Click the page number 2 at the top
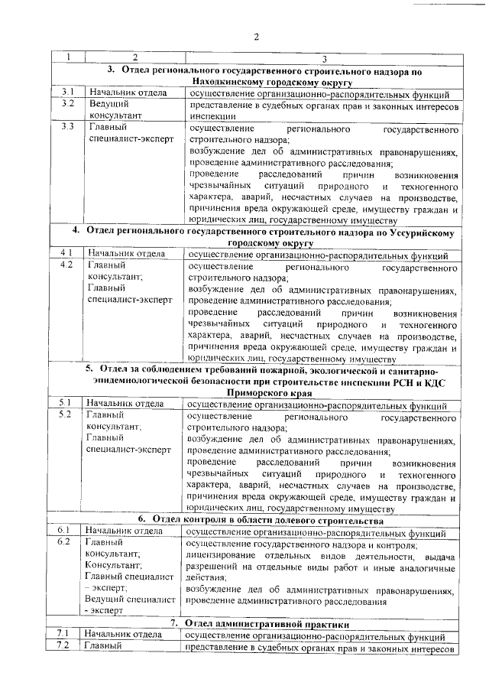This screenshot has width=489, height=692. [257, 37]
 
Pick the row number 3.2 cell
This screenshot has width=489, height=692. [67, 103]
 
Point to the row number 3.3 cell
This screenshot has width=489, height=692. [67, 126]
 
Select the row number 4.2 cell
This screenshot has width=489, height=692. [67, 265]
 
